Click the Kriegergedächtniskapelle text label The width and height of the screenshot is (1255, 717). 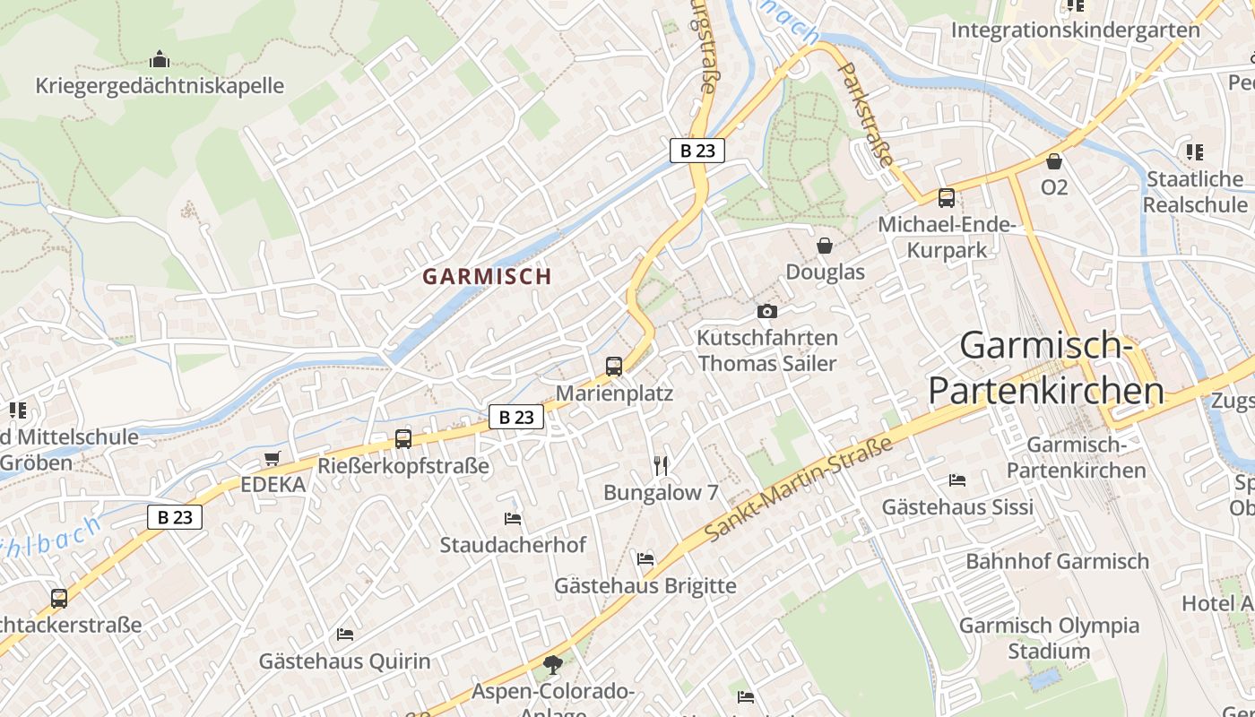point(160,86)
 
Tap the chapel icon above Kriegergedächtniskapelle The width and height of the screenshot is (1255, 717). point(160,60)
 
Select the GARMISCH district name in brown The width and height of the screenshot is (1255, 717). point(487,276)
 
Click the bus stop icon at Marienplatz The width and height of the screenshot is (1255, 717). point(614,366)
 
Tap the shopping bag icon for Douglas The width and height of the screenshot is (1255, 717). point(825,245)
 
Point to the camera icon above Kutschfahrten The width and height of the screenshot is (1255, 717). point(767,311)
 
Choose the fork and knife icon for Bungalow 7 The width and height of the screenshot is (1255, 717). point(662,464)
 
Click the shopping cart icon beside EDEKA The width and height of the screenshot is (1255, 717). point(272,458)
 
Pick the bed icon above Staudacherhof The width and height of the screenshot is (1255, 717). point(513,518)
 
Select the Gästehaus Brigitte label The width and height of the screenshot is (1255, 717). point(645,586)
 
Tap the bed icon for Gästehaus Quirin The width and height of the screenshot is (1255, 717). point(345,635)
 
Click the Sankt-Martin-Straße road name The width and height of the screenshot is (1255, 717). point(799,488)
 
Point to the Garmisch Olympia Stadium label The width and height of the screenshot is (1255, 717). point(1049,638)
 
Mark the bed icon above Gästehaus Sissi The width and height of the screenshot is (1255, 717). point(957,480)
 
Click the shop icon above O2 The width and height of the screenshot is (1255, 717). point(1054,161)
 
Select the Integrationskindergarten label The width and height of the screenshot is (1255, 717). point(1075,30)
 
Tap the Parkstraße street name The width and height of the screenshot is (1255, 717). point(868,114)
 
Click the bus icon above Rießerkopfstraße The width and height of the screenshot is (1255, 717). point(403,439)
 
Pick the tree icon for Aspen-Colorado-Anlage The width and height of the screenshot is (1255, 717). point(553,665)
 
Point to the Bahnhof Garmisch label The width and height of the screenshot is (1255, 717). point(1057,562)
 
